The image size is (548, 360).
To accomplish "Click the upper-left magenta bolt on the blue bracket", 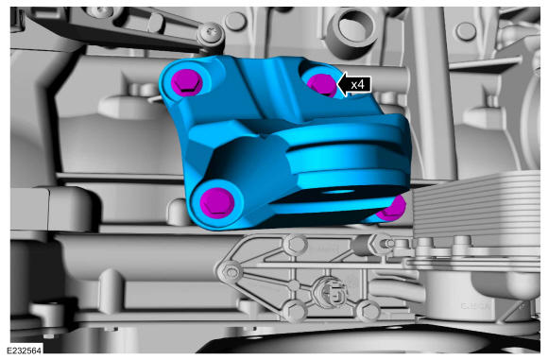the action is point(186,82).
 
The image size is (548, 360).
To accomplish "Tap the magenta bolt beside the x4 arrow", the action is point(322,85).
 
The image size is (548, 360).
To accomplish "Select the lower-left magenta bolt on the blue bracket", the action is point(216,203).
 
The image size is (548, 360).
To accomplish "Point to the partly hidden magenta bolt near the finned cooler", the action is point(392,209).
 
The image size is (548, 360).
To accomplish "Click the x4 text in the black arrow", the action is point(357,85).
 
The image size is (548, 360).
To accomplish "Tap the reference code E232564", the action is point(25,350).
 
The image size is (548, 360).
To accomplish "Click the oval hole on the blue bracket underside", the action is point(337,192).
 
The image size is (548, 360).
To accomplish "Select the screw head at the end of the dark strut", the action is point(211,34).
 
